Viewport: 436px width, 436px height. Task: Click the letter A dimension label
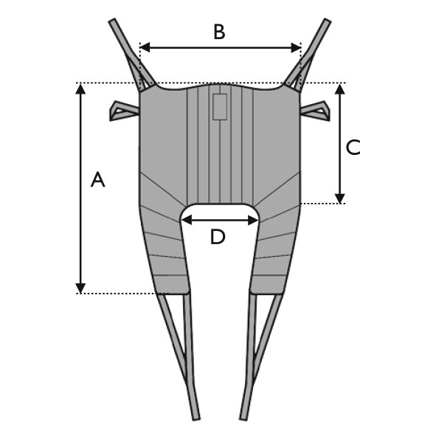(x=97, y=179)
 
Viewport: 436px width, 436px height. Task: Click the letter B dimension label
(x=219, y=32)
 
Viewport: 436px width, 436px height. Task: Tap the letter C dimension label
(x=353, y=147)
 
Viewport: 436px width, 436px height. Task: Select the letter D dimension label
(x=218, y=238)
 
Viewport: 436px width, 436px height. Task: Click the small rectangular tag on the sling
(x=220, y=107)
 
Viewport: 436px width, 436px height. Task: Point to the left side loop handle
(x=124, y=111)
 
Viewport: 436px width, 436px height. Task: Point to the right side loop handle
(x=315, y=111)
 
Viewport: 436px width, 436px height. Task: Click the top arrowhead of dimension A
(x=80, y=89)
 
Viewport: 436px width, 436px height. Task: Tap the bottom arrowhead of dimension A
(x=80, y=288)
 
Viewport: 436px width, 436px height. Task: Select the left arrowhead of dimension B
(x=145, y=47)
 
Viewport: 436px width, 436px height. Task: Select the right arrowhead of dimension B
(x=296, y=47)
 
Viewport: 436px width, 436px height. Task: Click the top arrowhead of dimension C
(x=340, y=89)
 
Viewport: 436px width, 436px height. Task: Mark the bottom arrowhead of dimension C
(x=340, y=198)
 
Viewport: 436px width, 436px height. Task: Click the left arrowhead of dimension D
(x=187, y=220)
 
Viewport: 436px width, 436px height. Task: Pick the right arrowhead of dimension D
(x=253, y=220)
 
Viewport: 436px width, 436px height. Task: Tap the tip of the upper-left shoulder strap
(x=111, y=20)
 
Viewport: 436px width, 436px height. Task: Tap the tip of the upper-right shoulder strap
(x=328, y=20)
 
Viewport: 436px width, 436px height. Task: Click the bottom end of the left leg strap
(x=196, y=419)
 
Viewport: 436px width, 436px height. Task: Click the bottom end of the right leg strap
(x=243, y=419)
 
